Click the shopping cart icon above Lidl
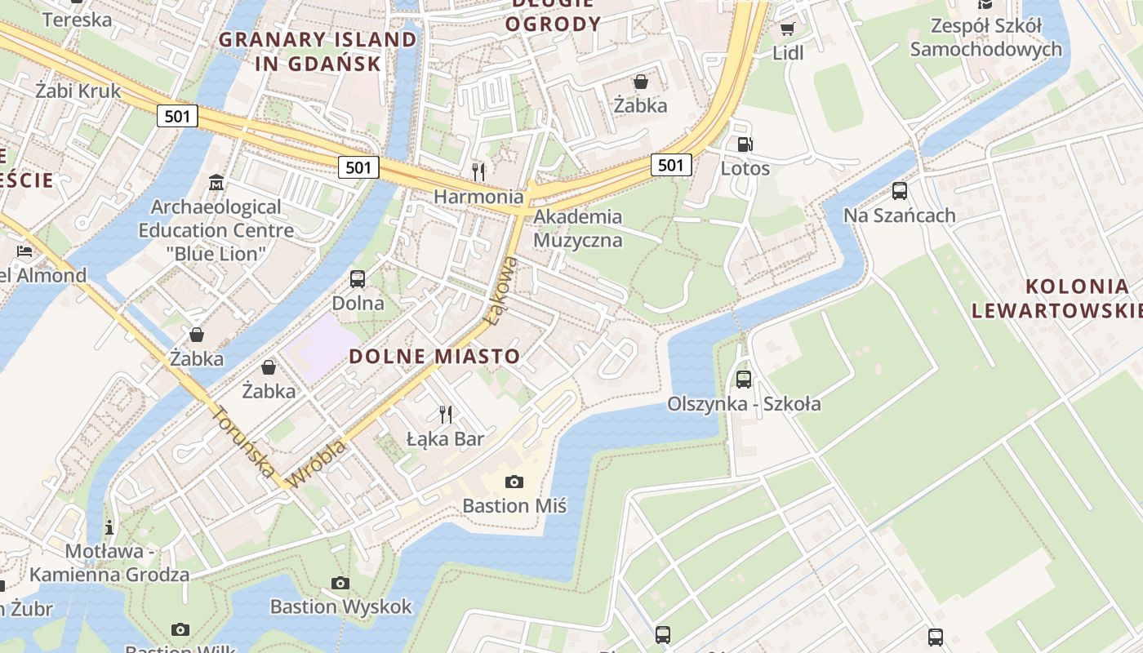coord(787,29)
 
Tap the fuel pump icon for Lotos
coord(745,144)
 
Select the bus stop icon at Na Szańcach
coord(900,191)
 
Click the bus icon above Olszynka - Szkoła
coord(744,379)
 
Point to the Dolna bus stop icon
coord(358,278)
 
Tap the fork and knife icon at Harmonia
coord(478,171)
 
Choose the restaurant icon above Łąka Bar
coord(446,414)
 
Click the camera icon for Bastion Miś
coord(514,482)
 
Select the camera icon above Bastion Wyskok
coord(340,583)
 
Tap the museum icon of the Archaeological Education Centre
coord(216,181)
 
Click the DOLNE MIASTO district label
coord(434,356)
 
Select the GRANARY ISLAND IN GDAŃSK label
coord(318,51)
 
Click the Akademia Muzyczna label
coord(577,229)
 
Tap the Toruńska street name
coord(243,440)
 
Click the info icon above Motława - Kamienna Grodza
coord(109,527)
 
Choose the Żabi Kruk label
coord(78,91)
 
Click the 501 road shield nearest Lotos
coord(671,165)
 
